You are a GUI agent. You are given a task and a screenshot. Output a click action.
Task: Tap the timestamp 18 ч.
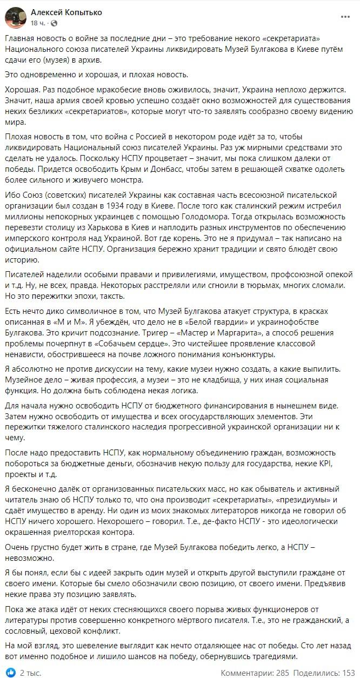[38, 23]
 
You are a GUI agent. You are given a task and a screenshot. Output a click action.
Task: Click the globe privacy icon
[54, 23]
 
